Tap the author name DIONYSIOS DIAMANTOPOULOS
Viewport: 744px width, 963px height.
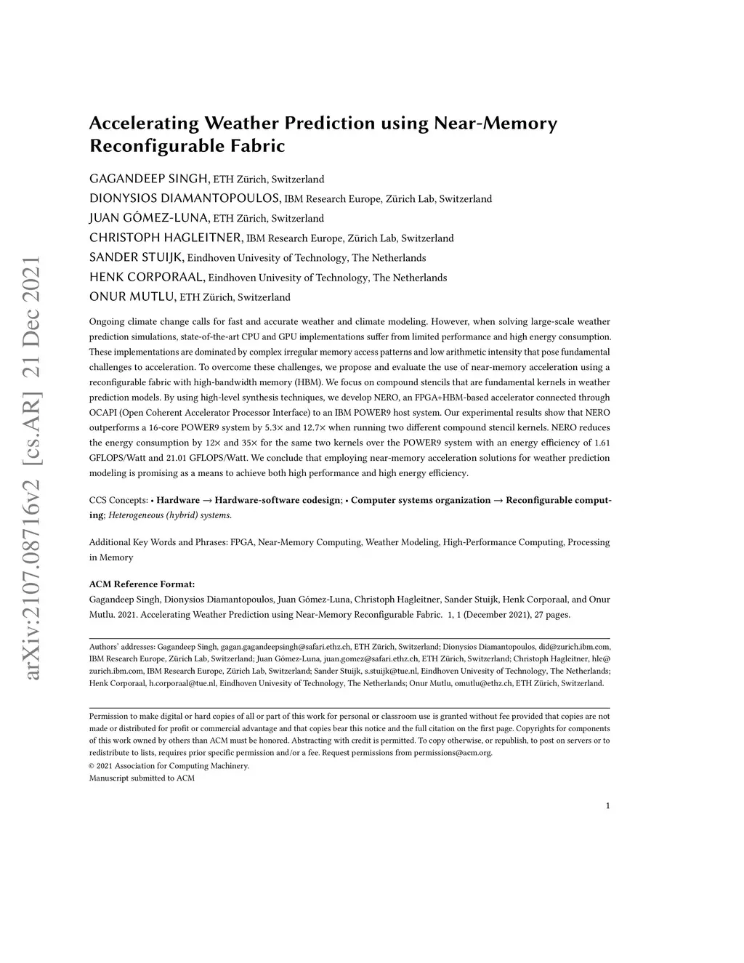[185, 198]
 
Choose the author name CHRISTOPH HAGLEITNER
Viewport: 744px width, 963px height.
[166, 238]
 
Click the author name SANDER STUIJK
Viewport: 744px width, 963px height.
[137, 257]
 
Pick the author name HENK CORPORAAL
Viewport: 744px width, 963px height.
[147, 277]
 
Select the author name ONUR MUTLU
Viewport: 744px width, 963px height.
[132, 297]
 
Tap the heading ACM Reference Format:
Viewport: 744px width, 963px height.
[142, 584]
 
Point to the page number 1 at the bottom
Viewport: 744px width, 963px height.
[607, 805]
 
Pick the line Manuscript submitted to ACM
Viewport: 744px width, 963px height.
[142, 778]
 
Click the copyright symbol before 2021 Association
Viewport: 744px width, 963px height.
[92, 766]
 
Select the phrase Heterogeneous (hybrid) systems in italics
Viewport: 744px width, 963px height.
[170, 515]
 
